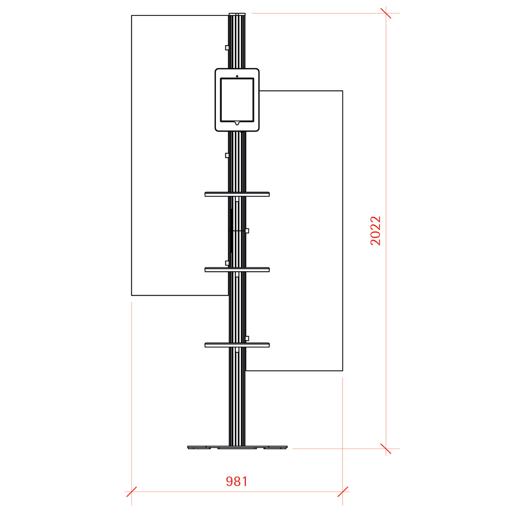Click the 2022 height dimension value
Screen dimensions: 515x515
tap(375, 230)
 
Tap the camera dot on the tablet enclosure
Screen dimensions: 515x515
tap(237, 76)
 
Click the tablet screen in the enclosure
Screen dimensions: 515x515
tap(237, 100)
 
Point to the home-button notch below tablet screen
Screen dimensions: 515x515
tap(237, 123)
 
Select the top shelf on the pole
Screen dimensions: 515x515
tap(237, 194)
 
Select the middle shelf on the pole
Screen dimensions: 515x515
tap(237, 270)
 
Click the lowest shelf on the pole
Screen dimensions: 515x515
tap(237, 345)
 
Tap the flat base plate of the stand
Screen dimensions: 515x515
tap(237, 447)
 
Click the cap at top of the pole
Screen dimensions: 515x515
tap(237, 14)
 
